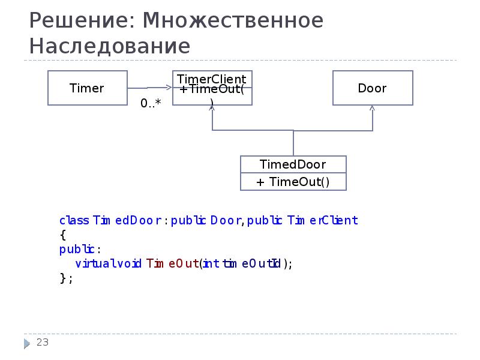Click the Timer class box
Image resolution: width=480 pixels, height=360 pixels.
point(87,88)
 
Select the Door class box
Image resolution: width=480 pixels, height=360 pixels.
point(372,88)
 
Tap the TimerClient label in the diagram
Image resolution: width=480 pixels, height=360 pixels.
point(211,79)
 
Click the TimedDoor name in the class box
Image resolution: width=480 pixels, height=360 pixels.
point(293,164)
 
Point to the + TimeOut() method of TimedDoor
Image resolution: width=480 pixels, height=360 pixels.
point(293,182)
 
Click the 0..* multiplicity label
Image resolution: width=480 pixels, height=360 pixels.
point(151,103)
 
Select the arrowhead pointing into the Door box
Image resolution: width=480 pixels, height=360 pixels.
point(372,109)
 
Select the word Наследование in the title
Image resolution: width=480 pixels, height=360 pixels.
point(110,47)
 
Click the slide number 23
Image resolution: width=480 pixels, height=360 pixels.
point(42,343)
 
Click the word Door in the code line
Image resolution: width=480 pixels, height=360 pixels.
point(226,221)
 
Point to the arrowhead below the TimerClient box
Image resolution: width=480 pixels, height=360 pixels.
point(212,109)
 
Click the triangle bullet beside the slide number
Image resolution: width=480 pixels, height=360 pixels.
point(28,344)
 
